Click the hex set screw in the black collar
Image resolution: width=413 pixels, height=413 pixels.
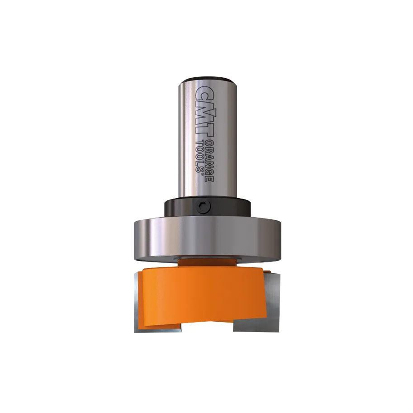[204, 208]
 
